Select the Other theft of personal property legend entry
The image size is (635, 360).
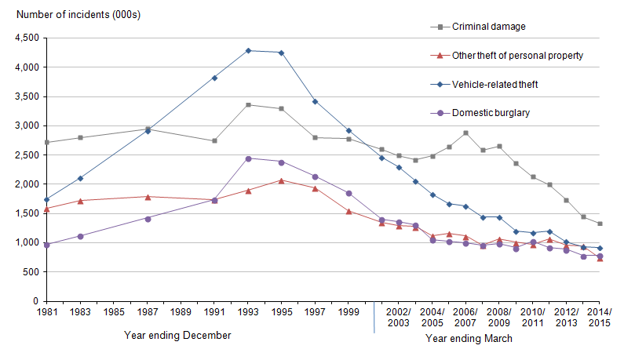tap(508, 56)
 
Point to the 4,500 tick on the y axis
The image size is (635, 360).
tap(25, 38)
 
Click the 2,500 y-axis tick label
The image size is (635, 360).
tap(25, 155)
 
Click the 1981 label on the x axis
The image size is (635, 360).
tap(47, 311)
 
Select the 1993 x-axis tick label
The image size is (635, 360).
tap(248, 311)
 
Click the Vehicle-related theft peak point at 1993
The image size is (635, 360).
tap(248, 51)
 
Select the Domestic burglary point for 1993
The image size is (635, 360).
tap(248, 158)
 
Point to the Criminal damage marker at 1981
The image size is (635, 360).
tap(47, 142)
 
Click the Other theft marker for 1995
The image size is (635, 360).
tap(281, 180)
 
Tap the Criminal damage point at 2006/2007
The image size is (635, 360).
tap(465, 133)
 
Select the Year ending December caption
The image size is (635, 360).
tap(177, 336)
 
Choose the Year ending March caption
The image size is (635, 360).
tap(469, 339)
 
